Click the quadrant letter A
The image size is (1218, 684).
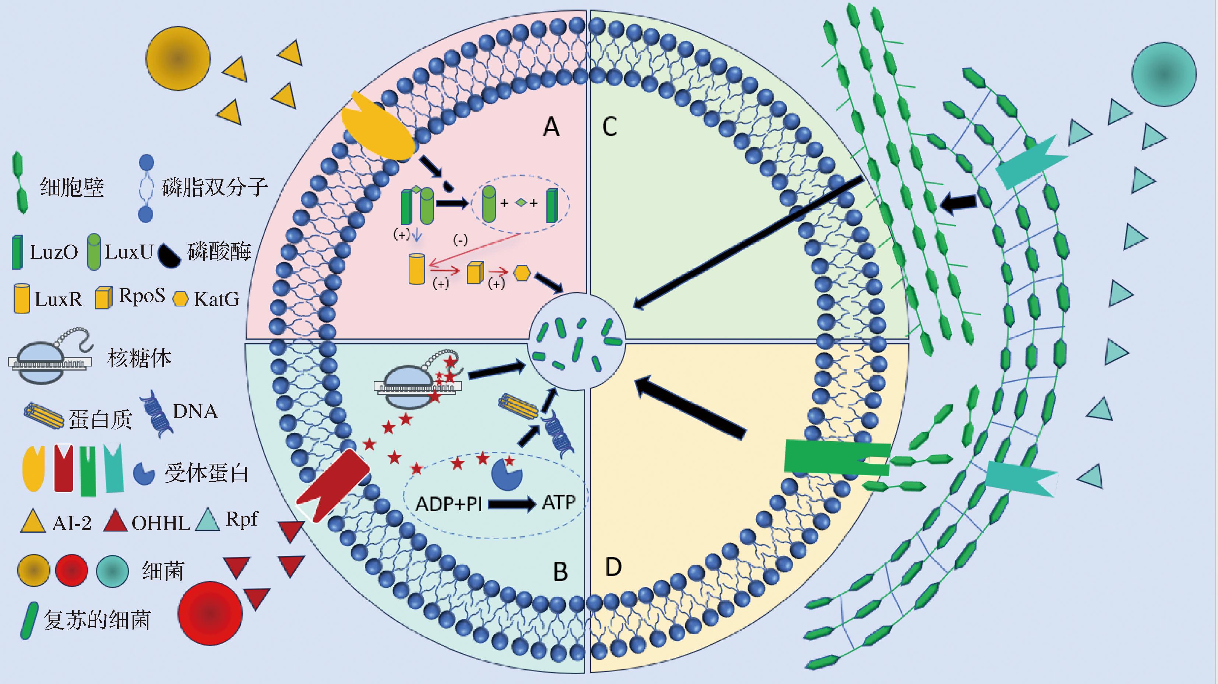[551, 127]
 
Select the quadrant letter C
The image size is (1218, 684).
[609, 127]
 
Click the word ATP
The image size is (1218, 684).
[559, 502]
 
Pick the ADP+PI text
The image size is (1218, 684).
[449, 504]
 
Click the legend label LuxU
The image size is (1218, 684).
[129, 252]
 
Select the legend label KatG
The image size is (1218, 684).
[216, 299]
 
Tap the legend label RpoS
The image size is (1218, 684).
[141, 296]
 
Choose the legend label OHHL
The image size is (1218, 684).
[161, 523]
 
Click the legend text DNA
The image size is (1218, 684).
[195, 411]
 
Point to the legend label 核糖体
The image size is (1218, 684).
[139, 358]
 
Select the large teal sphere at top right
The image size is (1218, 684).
[1164, 74]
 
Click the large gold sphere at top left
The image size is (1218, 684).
[178, 59]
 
